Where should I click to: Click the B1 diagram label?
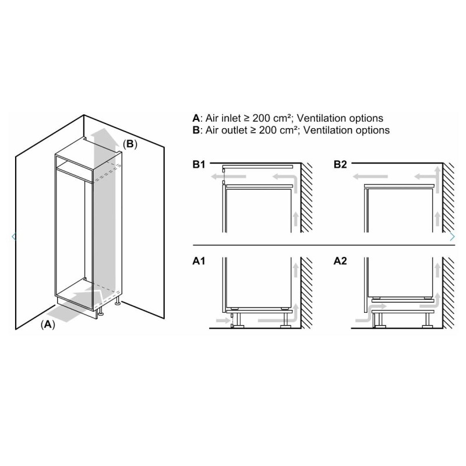coord(199,164)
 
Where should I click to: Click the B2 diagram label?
coord(340,164)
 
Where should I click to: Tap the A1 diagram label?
coord(199,261)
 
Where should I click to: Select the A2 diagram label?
coord(340,261)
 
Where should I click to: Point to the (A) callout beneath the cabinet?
coord(48,324)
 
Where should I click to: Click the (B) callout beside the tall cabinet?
coord(130,144)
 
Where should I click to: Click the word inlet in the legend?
coord(231,118)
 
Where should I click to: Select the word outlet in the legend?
coord(234,130)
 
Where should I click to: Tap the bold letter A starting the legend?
coord(196,118)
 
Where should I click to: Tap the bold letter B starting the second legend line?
coord(196,130)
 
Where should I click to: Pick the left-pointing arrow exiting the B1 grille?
coord(228,176)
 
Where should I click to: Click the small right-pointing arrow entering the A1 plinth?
coord(223,320)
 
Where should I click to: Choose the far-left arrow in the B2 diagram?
coord(370,176)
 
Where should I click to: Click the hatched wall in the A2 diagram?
coord(449,293)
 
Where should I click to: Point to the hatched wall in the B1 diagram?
coord(306,197)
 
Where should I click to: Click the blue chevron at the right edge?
coord(452,236)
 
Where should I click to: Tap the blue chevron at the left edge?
coord(13,236)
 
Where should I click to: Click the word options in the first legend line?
coord(366,118)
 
